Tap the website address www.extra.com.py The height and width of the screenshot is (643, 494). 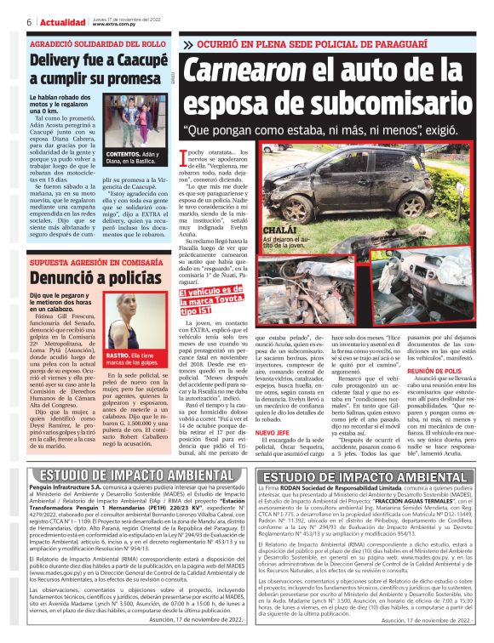pyautogui.click(x=112, y=25)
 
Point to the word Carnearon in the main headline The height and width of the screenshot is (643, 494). pyautogui.click(x=250, y=71)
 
